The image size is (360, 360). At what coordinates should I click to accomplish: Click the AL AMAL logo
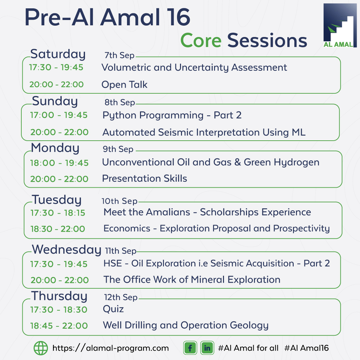coord(340,25)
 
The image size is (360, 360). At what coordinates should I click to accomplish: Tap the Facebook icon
coord(190,348)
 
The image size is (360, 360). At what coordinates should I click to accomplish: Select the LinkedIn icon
coord(207,348)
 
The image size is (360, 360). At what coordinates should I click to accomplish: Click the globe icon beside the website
coord(41,348)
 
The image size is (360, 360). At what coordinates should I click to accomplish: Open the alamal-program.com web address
coord(110,348)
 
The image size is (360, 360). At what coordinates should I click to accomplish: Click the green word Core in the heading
coord(201,40)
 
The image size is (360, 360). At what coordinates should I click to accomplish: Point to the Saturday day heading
coord(58,54)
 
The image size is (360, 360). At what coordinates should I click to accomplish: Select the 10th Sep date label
coord(119,201)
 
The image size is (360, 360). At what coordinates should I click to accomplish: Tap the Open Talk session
coord(124,84)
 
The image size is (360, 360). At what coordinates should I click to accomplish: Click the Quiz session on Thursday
coord(113,309)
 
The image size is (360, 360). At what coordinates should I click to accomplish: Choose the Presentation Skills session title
coord(144,178)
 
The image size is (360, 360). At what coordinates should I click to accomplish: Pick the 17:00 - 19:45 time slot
coord(59,115)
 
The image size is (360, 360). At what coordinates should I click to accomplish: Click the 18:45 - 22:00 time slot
coord(59,326)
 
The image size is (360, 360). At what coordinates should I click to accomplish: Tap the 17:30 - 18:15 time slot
coord(58,213)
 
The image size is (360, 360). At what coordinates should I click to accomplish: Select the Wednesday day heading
coord(67,250)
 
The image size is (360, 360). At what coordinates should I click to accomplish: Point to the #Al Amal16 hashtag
coord(307,348)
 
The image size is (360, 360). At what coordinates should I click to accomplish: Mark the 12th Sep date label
coord(121,297)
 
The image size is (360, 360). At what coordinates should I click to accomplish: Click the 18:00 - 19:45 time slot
coord(59,163)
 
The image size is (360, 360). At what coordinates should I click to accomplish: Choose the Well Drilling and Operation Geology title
coord(186,325)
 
